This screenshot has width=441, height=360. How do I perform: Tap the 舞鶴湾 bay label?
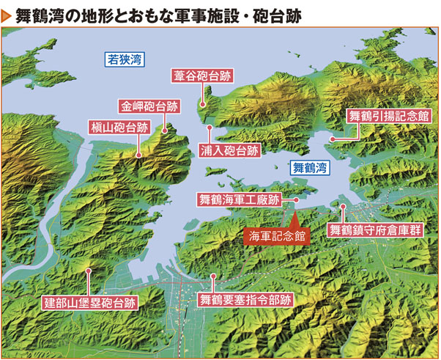click(311, 168)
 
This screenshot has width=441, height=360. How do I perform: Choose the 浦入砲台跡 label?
click(229, 152)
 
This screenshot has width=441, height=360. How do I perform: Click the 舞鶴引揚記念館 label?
click(388, 116)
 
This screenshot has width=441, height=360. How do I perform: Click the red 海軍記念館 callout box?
click(276, 235)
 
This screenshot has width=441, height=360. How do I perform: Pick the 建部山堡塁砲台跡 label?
click(91, 301)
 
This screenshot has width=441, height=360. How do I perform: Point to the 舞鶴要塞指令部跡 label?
click(245, 300)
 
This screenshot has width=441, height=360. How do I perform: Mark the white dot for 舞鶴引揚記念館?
click(333, 138)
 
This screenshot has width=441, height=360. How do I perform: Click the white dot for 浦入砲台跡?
click(210, 127)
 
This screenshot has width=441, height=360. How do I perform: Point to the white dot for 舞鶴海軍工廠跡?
click(296, 199)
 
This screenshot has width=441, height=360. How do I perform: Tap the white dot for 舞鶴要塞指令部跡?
click(213, 277)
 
